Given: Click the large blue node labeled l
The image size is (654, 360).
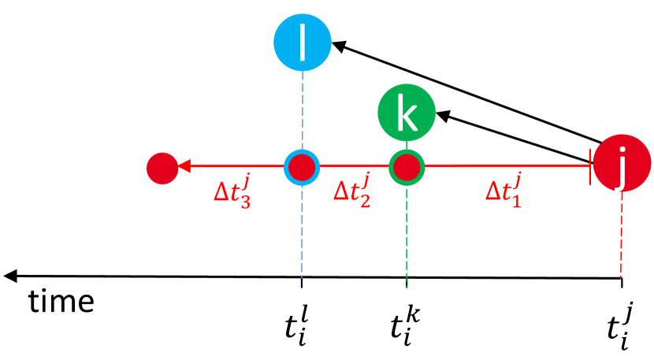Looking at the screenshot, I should (302, 43).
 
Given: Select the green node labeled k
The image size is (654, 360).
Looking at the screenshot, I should (407, 113).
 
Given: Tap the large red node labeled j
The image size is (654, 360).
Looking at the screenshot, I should (622, 165).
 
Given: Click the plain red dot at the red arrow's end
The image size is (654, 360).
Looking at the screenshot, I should (162, 167).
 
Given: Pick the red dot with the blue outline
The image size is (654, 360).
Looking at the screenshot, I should (302, 167).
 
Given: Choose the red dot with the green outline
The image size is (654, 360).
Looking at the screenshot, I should (407, 167).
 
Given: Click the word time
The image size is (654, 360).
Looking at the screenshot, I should (62, 301).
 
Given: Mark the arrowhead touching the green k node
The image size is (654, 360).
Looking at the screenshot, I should (442, 115).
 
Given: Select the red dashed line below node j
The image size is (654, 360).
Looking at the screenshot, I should (622, 236).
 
